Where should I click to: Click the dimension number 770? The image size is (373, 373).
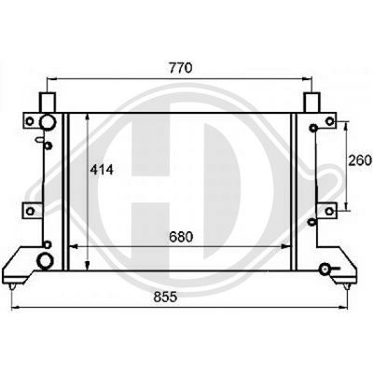[x=179, y=68]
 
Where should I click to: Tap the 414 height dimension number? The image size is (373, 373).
[x=103, y=170]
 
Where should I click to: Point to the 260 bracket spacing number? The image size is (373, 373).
[x=360, y=159]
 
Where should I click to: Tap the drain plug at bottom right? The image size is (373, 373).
[x=325, y=269]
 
